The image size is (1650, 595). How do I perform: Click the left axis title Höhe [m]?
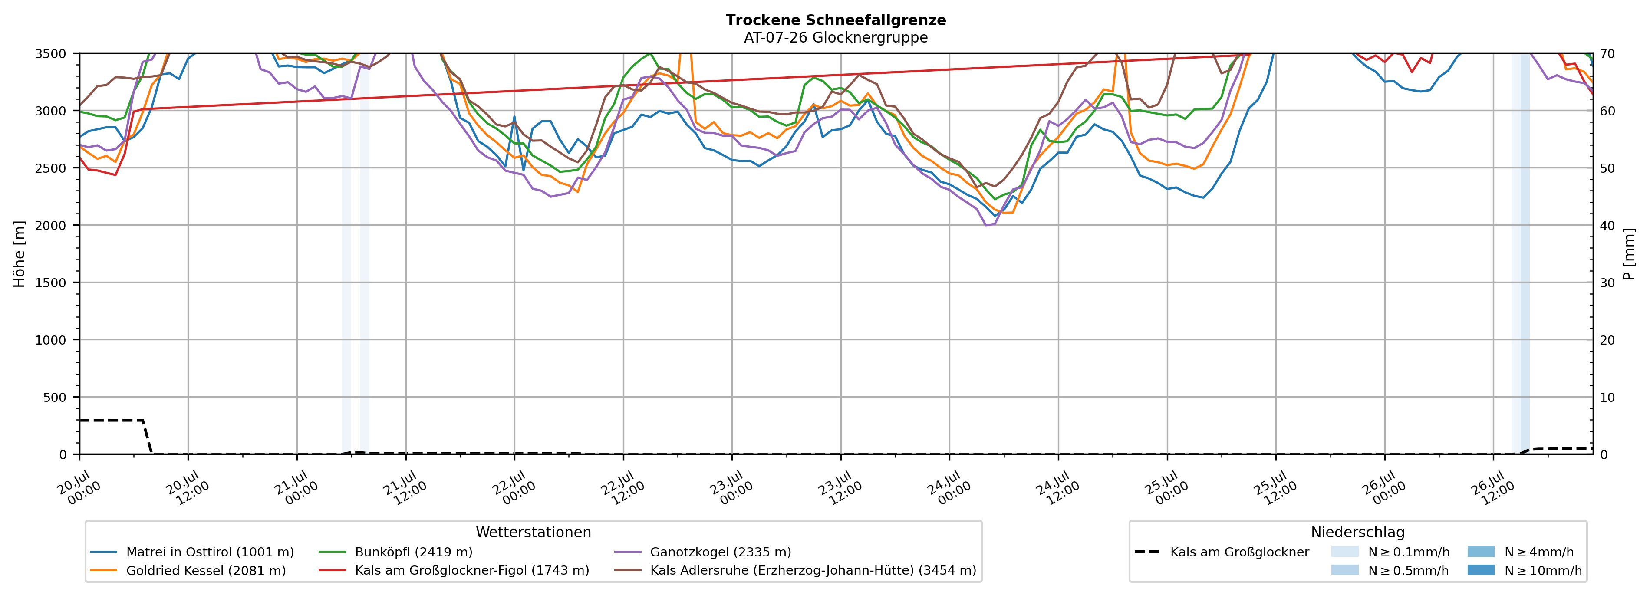[x=20, y=254]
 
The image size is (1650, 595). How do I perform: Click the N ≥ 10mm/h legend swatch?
[x=1481, y=570]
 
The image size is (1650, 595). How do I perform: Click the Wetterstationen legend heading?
[x=534, y=532]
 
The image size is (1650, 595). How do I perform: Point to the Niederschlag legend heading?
[x=1358, y=532]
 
